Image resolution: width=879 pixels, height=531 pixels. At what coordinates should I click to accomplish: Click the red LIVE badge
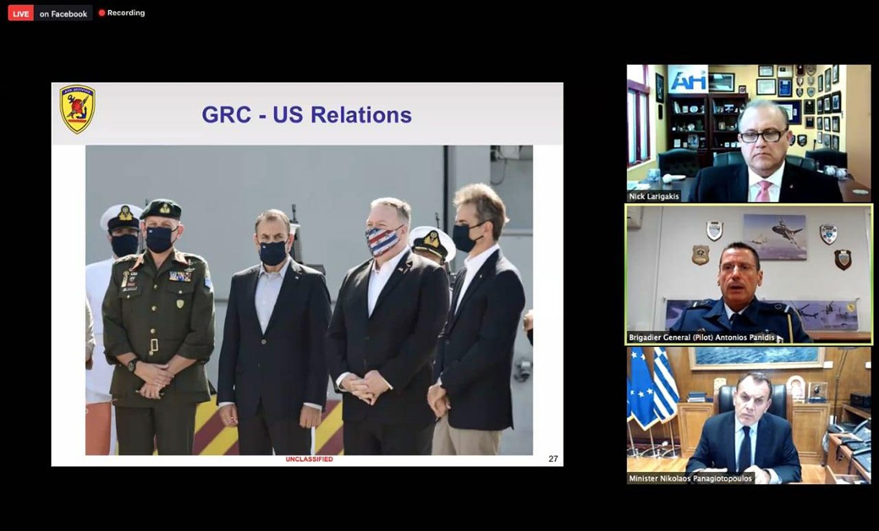pyautogui.click(x=21, y=14)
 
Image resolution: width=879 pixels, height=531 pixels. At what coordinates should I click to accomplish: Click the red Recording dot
pyautogui.click(x=101, y=13)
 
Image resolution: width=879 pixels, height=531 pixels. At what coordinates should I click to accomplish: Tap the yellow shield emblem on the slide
pyautogui.click(x=77, y=109)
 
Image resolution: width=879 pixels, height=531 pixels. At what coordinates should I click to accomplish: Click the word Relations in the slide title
pyautogui.click(x=361, y=115)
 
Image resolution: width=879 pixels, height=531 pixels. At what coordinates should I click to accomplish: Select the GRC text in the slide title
pyautogui.click(x=227, y=115)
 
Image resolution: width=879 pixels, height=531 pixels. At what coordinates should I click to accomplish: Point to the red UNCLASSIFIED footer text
pyautogui.click(x=309, y=459)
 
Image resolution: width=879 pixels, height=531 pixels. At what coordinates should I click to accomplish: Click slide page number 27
pyautogui.click(x=553, y=459)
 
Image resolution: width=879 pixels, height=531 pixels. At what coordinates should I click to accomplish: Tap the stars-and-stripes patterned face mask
pyautogui.click(x=383, y=240)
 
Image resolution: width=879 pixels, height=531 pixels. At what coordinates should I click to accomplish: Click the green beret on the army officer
pyautogui.click(x=161, y=209)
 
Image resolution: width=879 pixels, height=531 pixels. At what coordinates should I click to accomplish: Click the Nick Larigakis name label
pyautogui.click(x=654, y=196)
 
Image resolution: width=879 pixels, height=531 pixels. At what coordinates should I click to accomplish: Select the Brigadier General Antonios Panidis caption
pyautogui.click(x=701, y=337)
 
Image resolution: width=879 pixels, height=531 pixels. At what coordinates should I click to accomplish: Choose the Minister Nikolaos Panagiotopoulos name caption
pyautogui.click(x=691, y=478)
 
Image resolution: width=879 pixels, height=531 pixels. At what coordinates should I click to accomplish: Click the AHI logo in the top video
pyautogui.click(x=688, y=81)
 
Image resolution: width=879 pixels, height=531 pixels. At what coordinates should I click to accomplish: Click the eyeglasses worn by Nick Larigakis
pyautogui.click(x=762, y=136)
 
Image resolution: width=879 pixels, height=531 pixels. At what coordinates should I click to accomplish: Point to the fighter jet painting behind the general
pyautogui.click(x=775, y=237)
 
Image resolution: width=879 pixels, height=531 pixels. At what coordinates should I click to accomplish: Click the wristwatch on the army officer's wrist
pyautogui.click(x=132, y=364)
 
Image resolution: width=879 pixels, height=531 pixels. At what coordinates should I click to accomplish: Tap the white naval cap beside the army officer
pyautogui.click(x=122, y=217)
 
